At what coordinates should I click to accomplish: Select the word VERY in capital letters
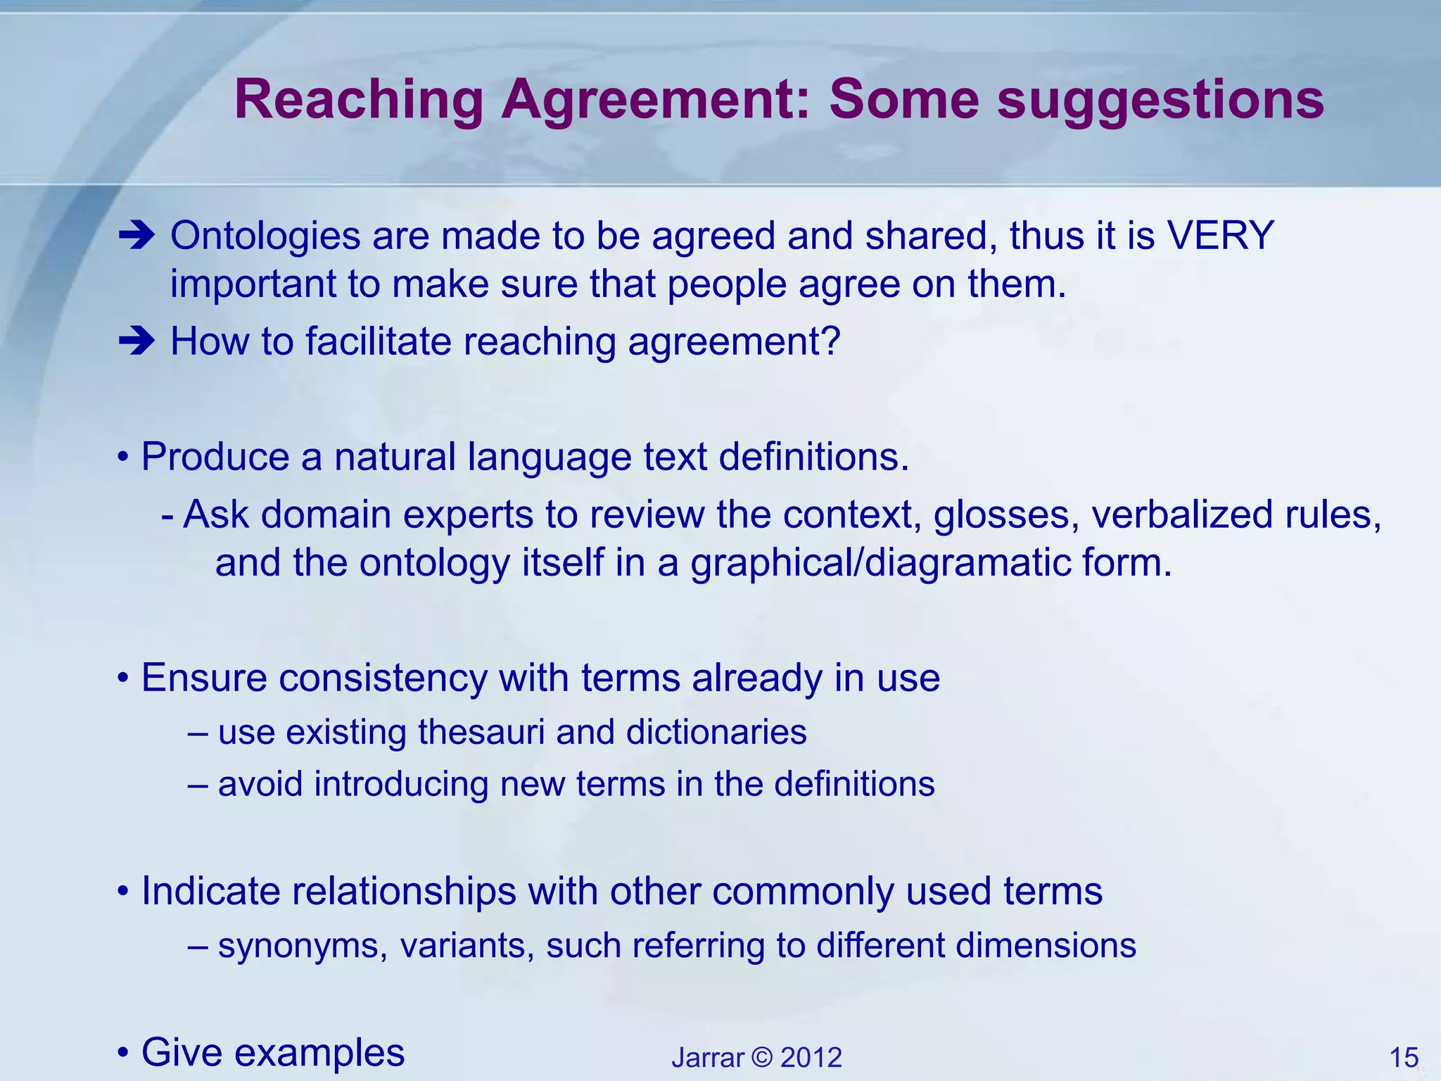click(1221, 235)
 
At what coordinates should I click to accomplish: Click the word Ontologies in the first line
click(265, 236)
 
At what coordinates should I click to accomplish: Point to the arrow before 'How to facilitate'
click(137, 342)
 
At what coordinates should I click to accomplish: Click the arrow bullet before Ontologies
click(137, 236)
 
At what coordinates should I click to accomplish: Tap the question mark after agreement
click(831, 341)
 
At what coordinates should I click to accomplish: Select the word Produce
click(215, 457)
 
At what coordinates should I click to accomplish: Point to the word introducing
click(401, 784)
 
